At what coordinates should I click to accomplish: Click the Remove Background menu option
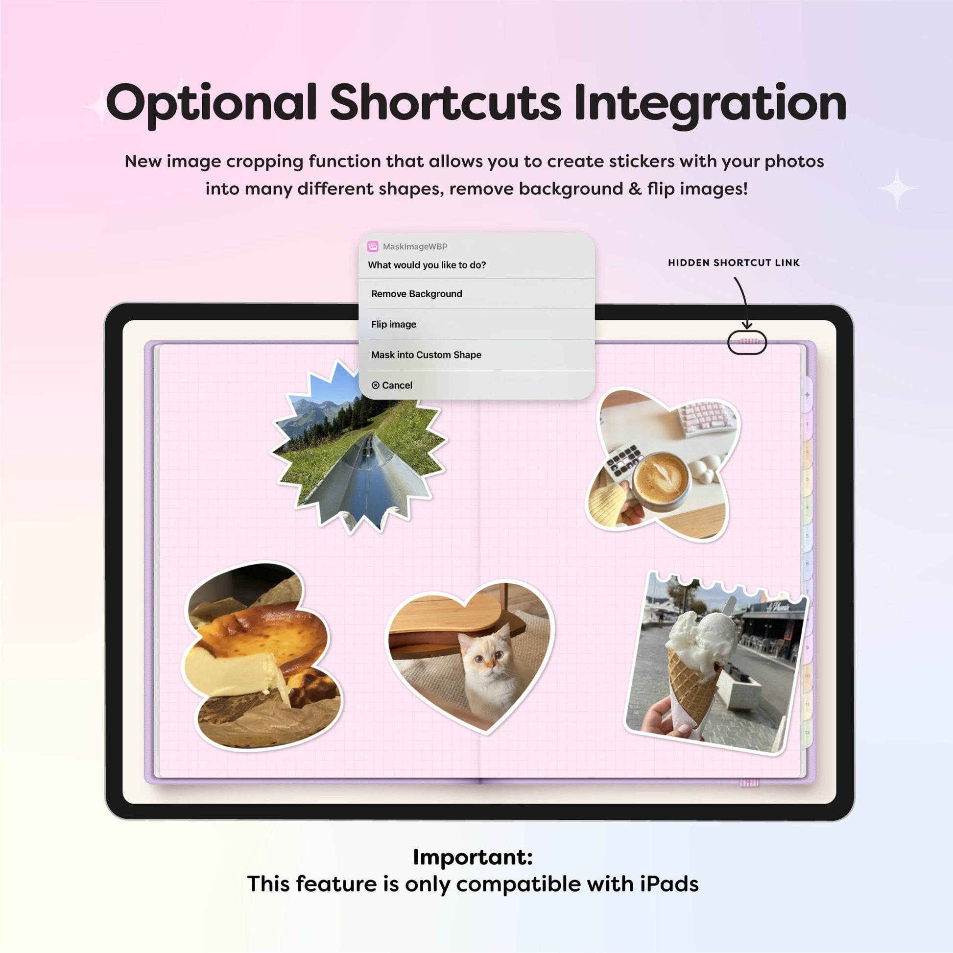[x=417, y=294]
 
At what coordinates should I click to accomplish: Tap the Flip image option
[x=394, y=325]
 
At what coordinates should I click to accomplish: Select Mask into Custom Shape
[x=426, y=355]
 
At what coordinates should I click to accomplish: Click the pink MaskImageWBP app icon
[x=373, y=247]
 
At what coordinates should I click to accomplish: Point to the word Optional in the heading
[x=211, y=104]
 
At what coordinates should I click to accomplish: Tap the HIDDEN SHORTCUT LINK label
[x=734, y=263]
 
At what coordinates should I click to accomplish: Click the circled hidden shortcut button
[x=747, y=342]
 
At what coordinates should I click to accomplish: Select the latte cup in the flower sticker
[x=661, y=479]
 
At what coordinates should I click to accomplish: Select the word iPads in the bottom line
[x=669, y=884]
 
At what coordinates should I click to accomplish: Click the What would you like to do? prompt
[x=427, y=265]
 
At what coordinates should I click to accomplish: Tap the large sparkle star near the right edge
[x=897, y=188]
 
